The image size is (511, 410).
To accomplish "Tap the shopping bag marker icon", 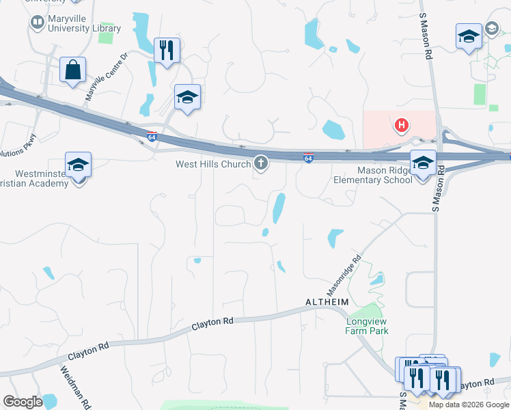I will [x=72, y=70].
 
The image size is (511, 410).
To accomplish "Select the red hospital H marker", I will [x=402, y=125].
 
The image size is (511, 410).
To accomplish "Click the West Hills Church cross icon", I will [x=260, y=163].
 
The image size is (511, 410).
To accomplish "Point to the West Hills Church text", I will [x=213, y=164].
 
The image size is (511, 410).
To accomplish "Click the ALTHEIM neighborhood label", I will [x=327, y=301].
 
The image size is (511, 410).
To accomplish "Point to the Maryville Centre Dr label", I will [x=106, y=77].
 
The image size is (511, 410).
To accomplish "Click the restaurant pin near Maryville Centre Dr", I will [x=167, y=50].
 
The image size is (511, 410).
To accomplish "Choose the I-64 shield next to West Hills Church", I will [x=309, y=159].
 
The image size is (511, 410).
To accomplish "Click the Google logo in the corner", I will [x=23, y=402].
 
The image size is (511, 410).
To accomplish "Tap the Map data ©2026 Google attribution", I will [x=469, y=405].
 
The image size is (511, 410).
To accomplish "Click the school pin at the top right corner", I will [x=469, y=37].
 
